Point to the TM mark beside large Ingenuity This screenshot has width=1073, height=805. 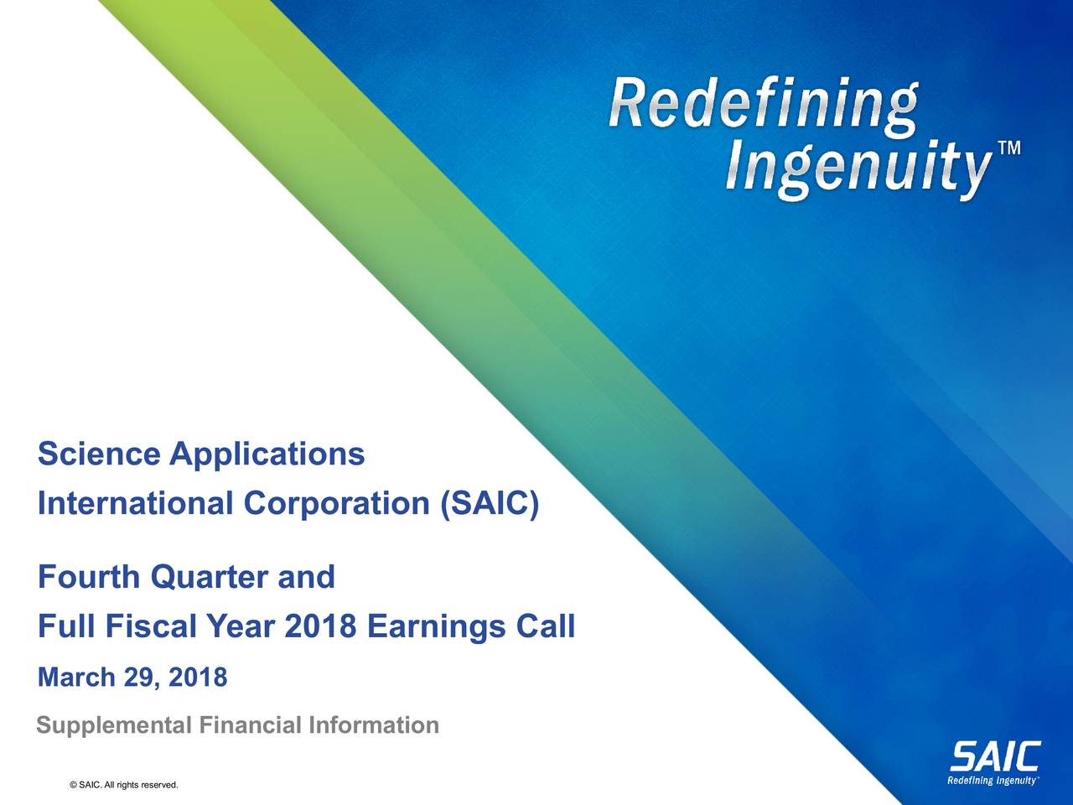click(1009, 149)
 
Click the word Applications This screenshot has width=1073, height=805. click(267, 456)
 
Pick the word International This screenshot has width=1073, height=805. click(134, 504)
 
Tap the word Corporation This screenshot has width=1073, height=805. click(336, 504)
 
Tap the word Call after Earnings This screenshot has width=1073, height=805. click(545, 626)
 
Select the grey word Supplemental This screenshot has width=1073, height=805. click(113, 725)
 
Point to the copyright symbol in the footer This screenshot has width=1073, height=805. click(75, 785)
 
